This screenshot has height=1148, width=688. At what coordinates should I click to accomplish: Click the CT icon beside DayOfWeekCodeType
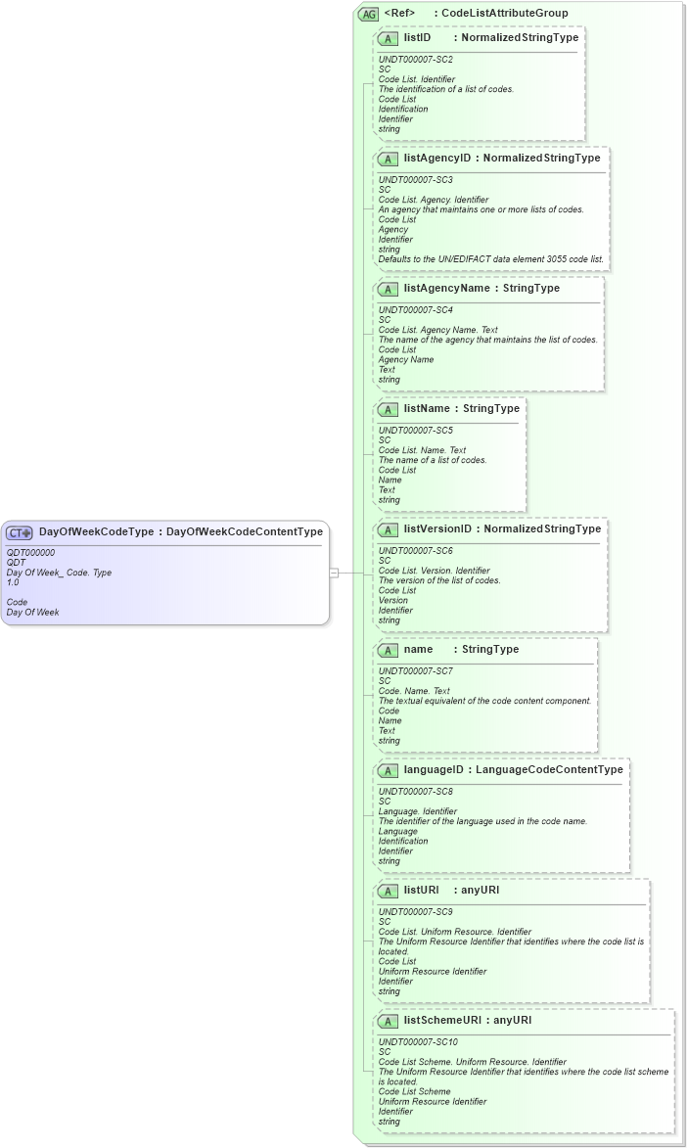tap(20, 532)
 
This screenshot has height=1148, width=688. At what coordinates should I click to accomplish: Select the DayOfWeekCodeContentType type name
tap(245, 532)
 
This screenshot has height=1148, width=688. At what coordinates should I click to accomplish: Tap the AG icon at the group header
tap(369, 14)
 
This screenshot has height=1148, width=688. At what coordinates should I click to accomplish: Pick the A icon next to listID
tap(388, 38)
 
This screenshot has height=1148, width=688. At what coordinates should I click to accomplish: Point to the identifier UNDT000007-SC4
tap(416, 310)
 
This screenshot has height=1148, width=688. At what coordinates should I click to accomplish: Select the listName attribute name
tap(426, 409)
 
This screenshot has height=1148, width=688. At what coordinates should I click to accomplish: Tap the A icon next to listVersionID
tap(388, 529)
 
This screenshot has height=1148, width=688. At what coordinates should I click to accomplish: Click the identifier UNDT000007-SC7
tap(416, 671)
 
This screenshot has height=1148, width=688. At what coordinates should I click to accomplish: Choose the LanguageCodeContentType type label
tap(549, 769)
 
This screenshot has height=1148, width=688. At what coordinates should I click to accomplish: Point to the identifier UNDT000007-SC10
tap(418, 1042)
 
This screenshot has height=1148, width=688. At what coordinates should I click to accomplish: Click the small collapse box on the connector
tap(334, 574)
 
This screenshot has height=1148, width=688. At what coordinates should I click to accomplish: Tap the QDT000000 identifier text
tap(30, 553)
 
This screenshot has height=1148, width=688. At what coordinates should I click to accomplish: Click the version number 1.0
tap(13, 582)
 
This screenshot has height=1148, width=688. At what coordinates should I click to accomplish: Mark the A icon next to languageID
tap(388, 770)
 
